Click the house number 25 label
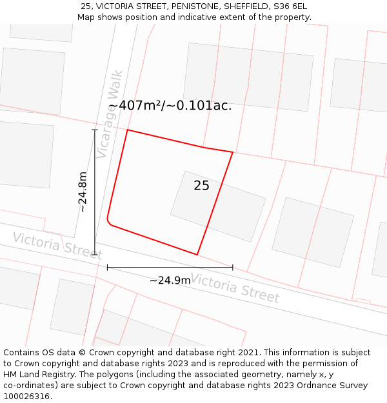(x=201, y=186)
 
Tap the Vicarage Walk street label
(x=110, y=114)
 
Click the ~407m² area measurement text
(x=170, y=105)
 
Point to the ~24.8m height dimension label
(x=83, y=192)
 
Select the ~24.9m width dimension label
(x=170, y=280)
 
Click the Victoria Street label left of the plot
(x=57, y=245)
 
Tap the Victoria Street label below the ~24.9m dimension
(x=235, y=288)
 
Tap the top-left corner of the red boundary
(x=128, y=130)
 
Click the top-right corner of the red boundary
(x=232, y=152)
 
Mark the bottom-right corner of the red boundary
(x=197, y=255)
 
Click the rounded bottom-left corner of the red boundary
(x=109, y=222)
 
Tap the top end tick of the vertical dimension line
(x=95, y=130)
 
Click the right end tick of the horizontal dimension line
(x=232, y=267)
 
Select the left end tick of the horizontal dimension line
(x=108, y=267)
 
